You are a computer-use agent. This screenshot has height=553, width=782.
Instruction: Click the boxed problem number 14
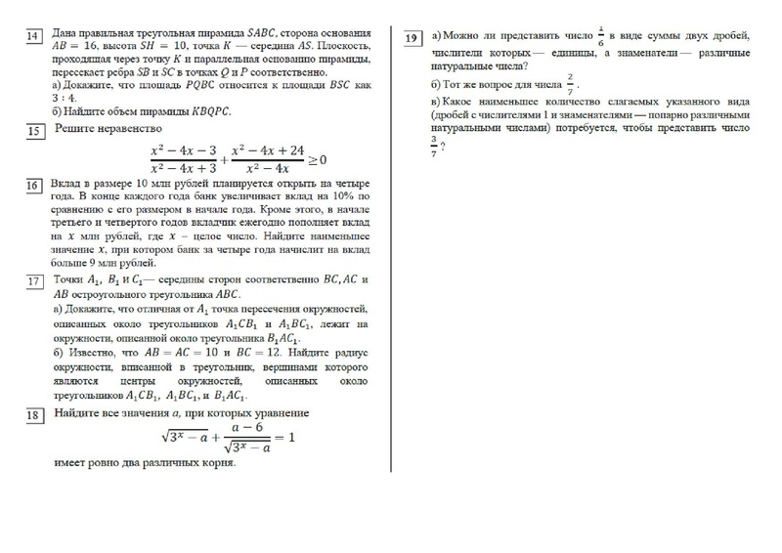pyautogui.click(x=33, y=37)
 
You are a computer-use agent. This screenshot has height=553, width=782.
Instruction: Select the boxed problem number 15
pyautogui.click(x=33, y=131)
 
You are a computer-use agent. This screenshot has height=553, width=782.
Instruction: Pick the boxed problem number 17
pyautogui.click(x=33, y=282)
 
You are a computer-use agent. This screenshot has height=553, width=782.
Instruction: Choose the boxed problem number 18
pyautogui.click(x=33, y=415)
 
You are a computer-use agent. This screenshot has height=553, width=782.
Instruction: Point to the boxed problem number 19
pyautogui.click(x=412, y=37)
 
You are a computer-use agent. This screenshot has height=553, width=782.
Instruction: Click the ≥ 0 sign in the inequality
pyautogui.click(x=317, y=159)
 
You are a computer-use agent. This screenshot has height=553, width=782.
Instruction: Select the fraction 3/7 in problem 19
pyautogui.click(x=434, y=144)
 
